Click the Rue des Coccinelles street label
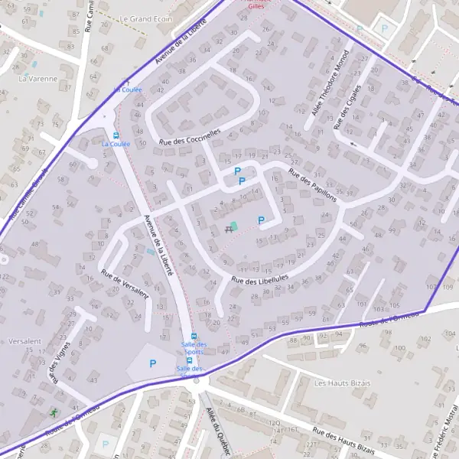(190, 136)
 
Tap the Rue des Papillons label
(312, 184)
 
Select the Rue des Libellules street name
(259, 280)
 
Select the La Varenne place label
(37, 78)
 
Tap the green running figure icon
(54, 412)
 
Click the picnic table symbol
(228, 228)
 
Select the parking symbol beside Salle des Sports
(152, 363)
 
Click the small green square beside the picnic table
(234, 225)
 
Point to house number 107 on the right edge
(430, 287)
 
